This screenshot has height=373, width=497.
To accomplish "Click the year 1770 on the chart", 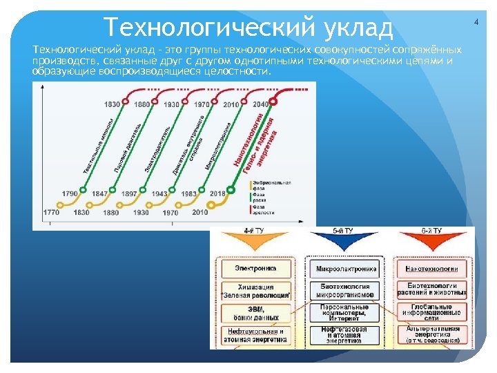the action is point(51,213).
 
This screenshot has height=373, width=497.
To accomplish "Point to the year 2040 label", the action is point(261,104).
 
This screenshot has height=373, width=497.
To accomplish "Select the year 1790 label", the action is point(70,194).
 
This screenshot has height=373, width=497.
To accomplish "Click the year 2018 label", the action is point(218,194).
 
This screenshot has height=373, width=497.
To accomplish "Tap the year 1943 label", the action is point(159,194).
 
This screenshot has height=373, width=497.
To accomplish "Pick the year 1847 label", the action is point(99,194).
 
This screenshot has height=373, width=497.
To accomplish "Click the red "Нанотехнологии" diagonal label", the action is point(250,142).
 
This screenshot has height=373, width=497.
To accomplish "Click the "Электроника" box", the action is point(255,269).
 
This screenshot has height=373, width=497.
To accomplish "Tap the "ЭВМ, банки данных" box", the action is point(255,313).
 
